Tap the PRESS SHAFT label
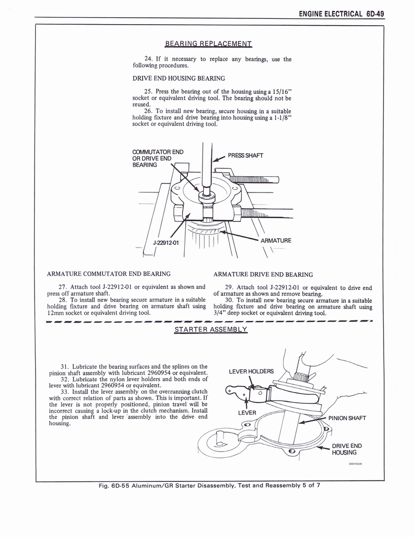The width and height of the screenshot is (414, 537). point(245,155)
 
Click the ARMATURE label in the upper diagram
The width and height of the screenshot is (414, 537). point(276,241)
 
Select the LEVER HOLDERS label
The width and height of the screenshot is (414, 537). point(251,372)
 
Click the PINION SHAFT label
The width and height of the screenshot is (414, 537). point(347,418)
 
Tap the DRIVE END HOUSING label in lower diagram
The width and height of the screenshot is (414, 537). point(346,449)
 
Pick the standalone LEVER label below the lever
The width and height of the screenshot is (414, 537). point(247,413)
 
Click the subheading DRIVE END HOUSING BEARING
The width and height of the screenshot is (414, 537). point(178,79)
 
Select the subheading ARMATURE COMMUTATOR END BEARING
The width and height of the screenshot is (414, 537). point(109,274)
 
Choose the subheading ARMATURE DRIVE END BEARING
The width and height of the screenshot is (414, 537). point(263,274)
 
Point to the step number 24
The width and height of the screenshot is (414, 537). point(149,59)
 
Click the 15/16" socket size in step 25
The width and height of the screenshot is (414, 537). point(281,92)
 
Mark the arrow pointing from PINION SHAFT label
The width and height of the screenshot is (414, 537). point(313,420)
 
